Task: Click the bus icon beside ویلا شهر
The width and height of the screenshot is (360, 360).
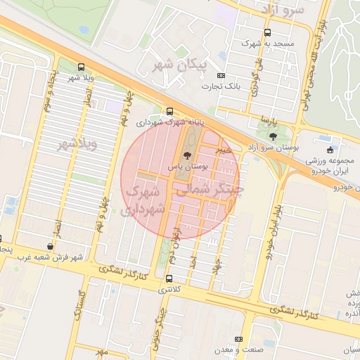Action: tap(83, 67)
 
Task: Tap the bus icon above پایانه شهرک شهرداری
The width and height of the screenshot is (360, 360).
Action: tap(169, 110)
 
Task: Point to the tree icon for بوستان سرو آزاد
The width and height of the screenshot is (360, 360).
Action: tap(273, 136)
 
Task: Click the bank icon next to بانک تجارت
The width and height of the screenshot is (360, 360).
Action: tap(221, 75)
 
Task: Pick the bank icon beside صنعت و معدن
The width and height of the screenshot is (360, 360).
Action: tap(238, 339)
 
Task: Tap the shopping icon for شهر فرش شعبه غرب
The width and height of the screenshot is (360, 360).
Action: tap(50, 246)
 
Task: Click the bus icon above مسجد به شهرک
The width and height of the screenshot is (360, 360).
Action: tap(266, 32)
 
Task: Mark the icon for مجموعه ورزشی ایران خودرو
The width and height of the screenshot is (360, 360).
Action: tap(330, 149)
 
